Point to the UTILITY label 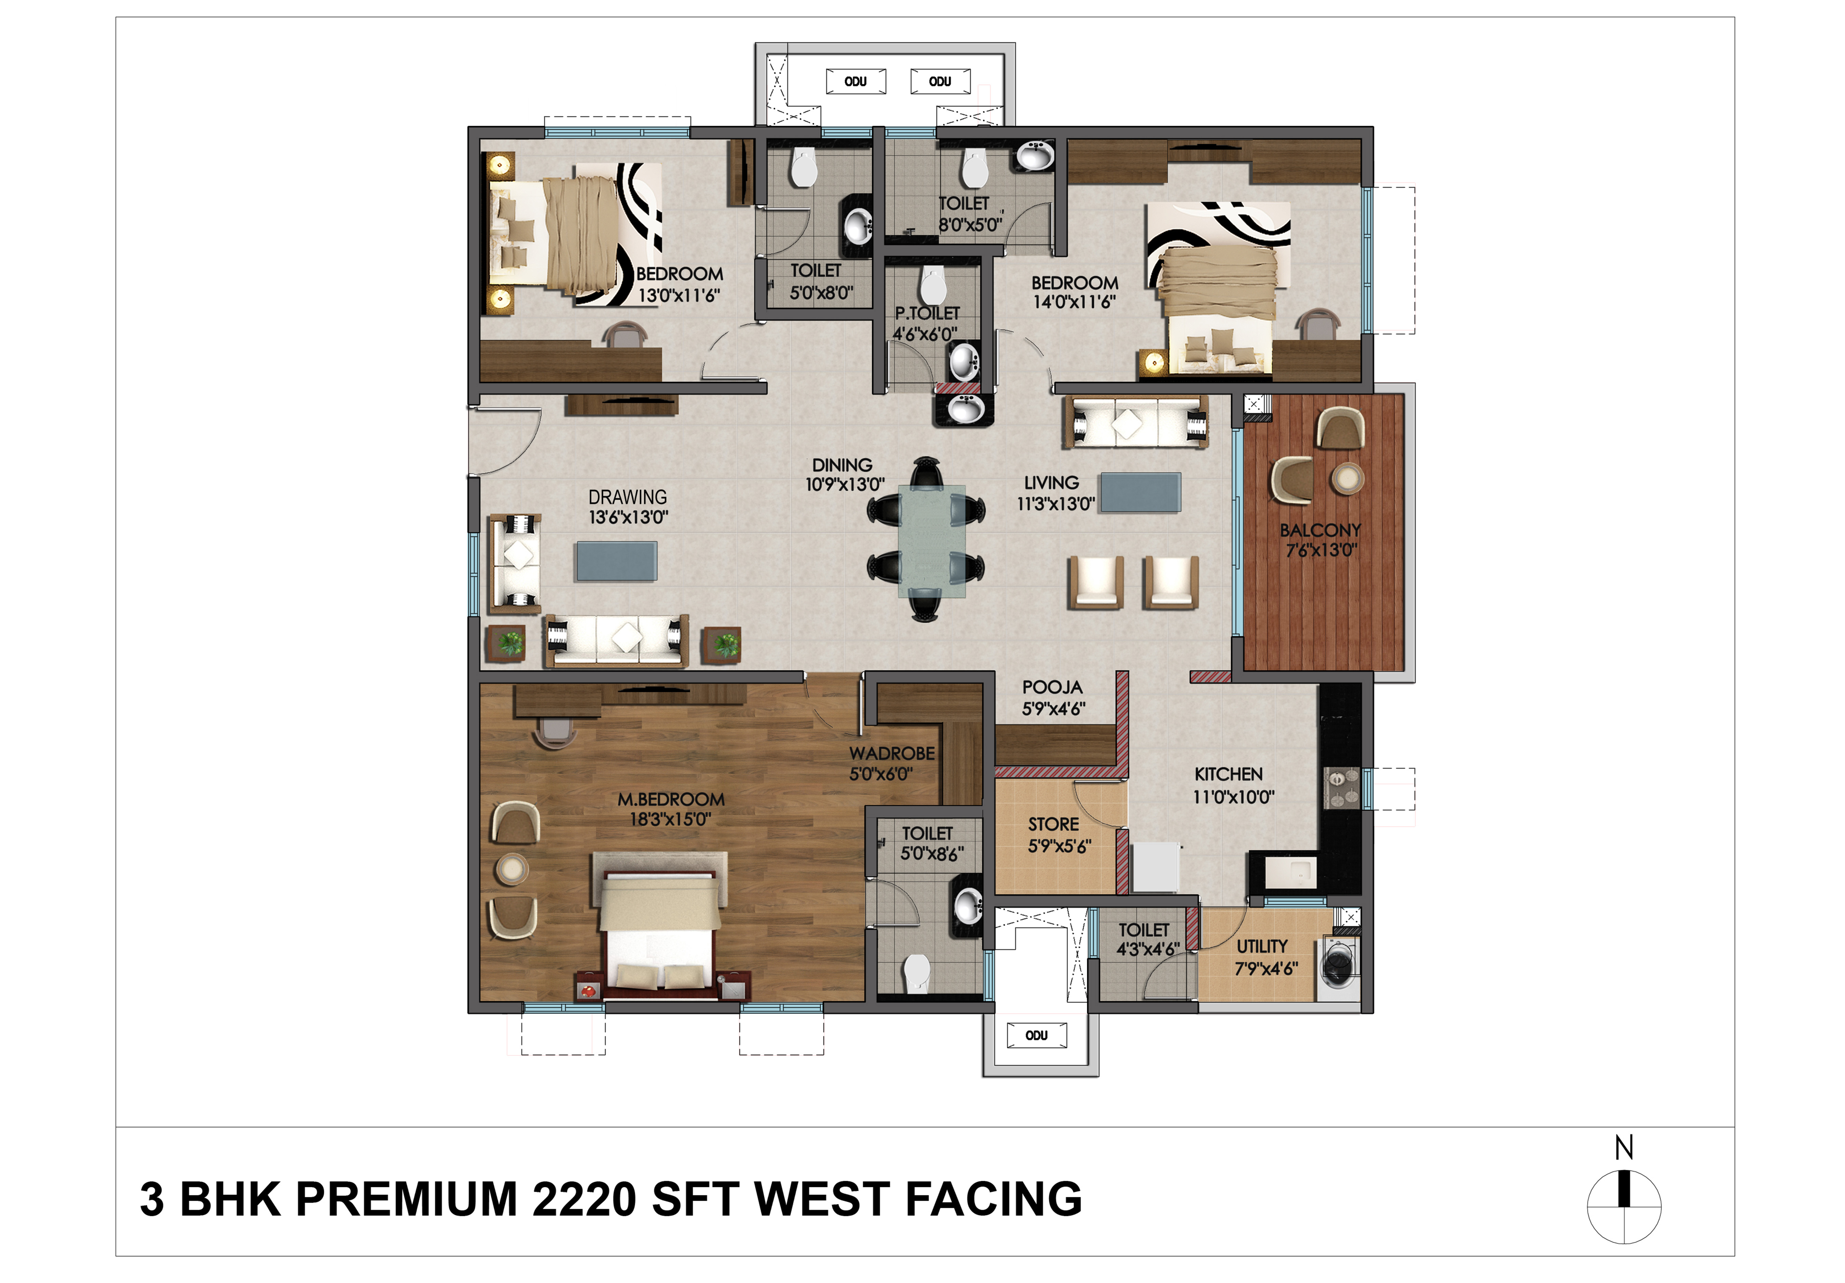(1262, 947)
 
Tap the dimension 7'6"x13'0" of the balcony (1321, 550)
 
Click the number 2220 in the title (584, 1199)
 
